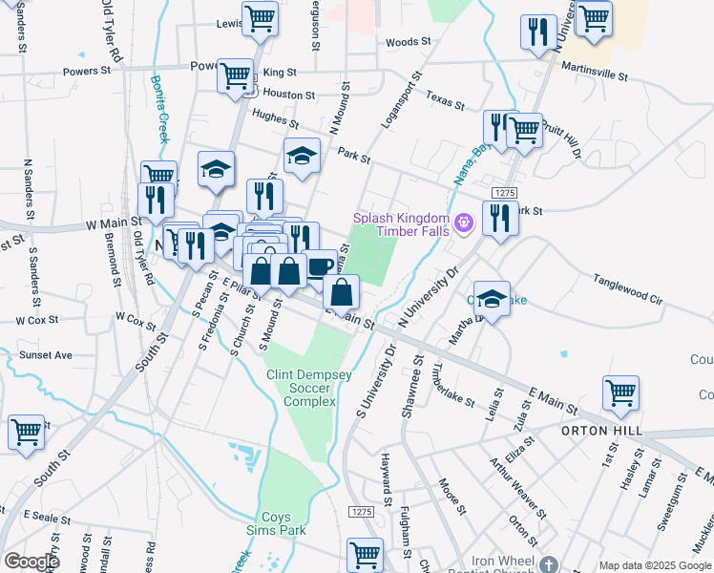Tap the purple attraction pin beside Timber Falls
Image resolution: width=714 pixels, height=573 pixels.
pos(465,224)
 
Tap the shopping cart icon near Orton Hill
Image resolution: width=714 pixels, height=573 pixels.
pos(620,392)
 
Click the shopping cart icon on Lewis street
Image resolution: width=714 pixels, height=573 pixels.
pos(260,18)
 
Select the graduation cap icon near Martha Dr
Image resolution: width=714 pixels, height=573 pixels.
pos(492,297)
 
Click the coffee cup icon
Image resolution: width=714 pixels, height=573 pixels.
pos(320,266)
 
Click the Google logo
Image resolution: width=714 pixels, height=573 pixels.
pos(31,561)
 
